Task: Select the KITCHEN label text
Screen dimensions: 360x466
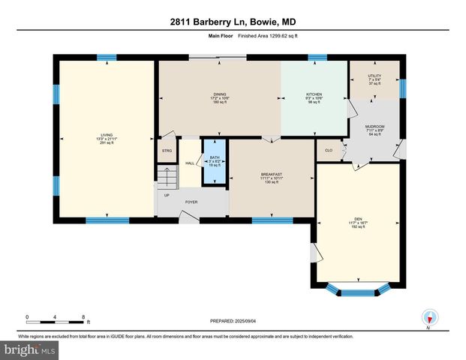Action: (x=314, y=94)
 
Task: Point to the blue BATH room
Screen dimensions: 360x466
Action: (x=215, y=160)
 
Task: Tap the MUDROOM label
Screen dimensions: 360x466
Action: (x=374, y=127)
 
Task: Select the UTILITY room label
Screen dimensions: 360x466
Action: (x=374, y=76)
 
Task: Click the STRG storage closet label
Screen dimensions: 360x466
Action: (x=167, y=150)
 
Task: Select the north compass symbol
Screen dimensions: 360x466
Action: (x=429, y=318)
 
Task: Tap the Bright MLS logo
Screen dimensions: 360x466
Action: (x=30, y=350)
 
